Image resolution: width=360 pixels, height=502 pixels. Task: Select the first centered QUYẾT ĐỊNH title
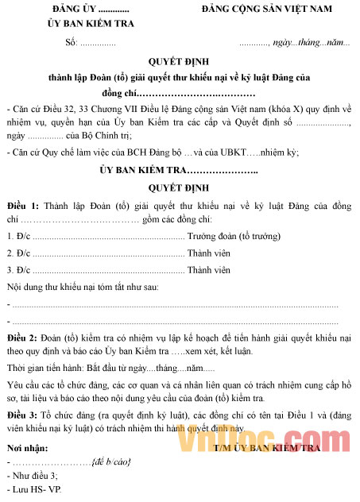tap(180, 62)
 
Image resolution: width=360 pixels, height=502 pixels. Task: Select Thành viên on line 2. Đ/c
tap(208, 253)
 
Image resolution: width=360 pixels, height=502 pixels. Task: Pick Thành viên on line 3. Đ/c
tap(208, 269)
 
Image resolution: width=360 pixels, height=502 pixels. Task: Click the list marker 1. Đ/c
tap(18, 236)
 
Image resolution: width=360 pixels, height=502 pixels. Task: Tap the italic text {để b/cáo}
tap(111, 461)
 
